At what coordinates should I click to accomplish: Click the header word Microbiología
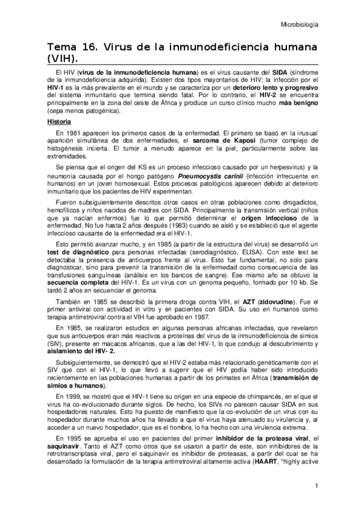[300, 25]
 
